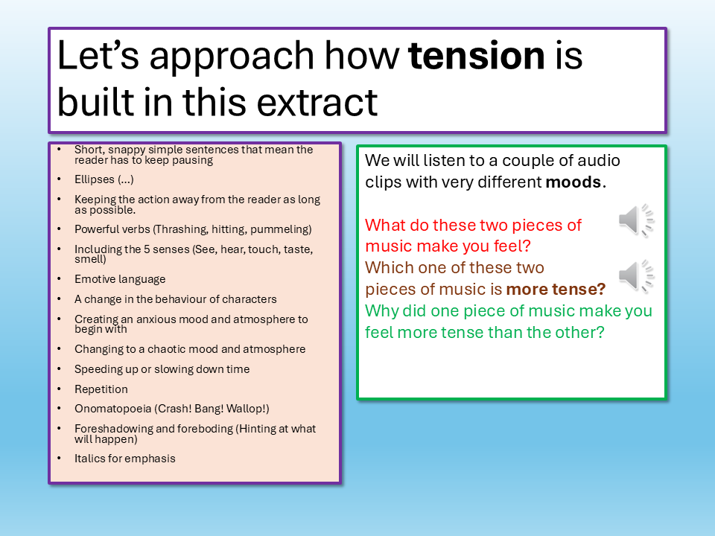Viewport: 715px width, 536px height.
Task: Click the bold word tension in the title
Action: pyautogui.click(x=476, y=56)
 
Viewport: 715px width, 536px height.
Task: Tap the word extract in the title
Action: pyautogui.click(x=317, y=102)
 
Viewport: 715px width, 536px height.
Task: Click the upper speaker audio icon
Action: pyautogui.click(x=637, y=220)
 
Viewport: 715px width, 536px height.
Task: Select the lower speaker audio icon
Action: pyautogui.click(x=637, y=275)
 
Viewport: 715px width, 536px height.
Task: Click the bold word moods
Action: pyautogui.click(x=573, y=182)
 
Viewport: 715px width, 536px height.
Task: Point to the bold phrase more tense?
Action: pyautogui.click(x=556, y=289)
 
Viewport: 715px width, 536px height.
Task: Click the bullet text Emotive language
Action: pyautogui.click(x=120, y=279)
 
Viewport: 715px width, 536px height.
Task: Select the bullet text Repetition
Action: pyautogui.click(x=101, y=389)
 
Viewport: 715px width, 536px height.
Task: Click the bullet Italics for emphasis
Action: pyautogui.click(x=125, y=459)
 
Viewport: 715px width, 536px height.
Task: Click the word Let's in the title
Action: pyautogui.click(x=98, y=56)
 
